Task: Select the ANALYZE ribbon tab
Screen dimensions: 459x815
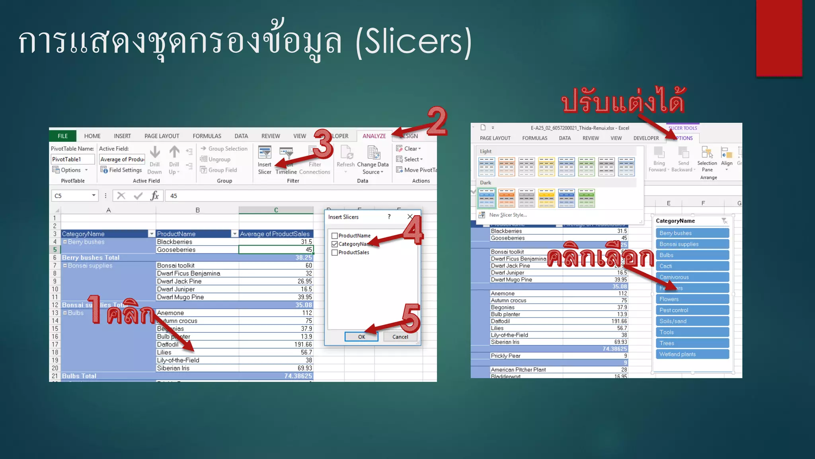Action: [x=374, y=136]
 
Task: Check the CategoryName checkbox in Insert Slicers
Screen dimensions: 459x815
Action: [x=335, y=244]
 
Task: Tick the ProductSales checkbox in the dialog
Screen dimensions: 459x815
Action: [x=335, y=253]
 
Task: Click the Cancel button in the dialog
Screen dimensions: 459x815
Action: [x=400, y=337]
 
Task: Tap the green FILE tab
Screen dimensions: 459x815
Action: [x=62, y=136]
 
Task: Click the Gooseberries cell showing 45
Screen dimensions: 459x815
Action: [x=276, y=250]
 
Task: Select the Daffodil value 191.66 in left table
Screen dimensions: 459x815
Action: [x=276, y=344]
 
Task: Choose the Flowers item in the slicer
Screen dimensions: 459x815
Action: [x=692, y=299]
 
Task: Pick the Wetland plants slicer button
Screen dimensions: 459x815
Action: [x=692, y=354]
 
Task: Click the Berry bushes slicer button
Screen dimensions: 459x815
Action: [x=692, y=233]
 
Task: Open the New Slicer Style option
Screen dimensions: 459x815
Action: [x=507, y=215]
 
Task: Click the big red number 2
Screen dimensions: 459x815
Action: [x=437, y=121]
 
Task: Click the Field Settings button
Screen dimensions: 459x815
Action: [x=121, y=170]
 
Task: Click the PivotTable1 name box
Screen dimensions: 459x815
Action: [x=72, y=159]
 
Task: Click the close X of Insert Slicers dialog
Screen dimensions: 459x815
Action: [x=410, y=217]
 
